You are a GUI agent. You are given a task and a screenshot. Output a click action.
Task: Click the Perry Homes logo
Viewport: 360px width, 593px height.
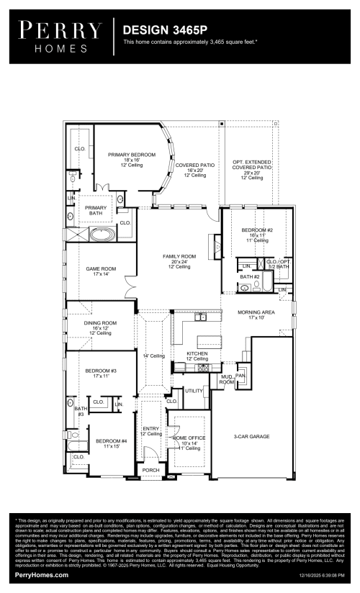60,35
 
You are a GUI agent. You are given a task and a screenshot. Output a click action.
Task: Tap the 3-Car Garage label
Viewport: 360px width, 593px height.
251,436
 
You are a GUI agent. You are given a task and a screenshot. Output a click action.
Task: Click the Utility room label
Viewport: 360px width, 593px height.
194,391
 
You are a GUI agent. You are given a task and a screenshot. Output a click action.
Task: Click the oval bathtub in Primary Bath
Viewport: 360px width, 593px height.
102,235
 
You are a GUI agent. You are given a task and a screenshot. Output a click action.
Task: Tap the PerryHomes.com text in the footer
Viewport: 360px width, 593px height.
42,575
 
